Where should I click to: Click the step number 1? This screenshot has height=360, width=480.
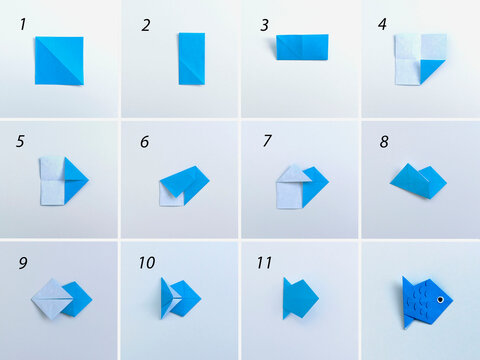(22, 24)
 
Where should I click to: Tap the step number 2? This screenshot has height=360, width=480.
(145, 25)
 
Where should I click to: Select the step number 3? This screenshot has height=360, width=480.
(264, 25)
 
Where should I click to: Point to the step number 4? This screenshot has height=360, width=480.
(382, 24)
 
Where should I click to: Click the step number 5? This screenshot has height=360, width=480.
(20, 142)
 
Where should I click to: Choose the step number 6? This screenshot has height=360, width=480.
(144, 142)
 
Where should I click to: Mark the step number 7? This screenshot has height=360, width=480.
(267, 142)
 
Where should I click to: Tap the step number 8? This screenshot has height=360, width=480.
(383, 142)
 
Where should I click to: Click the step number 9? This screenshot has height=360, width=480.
(22, 264)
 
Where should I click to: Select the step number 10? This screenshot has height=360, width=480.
(146, 263)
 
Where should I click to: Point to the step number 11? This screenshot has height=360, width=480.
(264, 263)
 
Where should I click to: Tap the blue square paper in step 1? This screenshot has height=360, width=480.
(58, 60)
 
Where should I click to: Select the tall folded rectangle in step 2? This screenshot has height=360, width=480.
(192, 58)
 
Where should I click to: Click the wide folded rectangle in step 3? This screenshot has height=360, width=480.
(302, 47)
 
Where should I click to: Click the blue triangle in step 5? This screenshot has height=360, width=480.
(74, 179)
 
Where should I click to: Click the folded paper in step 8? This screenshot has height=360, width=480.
(418, 181)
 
